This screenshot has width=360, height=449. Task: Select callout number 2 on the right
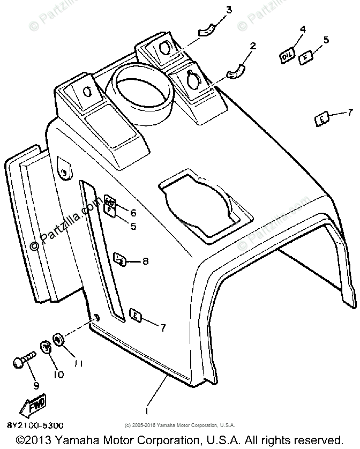(253, 46)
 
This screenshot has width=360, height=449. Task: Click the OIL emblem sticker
(288, 55)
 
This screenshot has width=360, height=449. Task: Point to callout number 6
(133, 213)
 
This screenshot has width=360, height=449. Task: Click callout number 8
(145, 261)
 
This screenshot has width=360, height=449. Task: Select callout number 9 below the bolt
(36, 385)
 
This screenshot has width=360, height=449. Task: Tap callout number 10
(58, 375)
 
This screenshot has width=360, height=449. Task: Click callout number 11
(78, 364)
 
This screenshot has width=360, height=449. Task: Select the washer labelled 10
(46, 347)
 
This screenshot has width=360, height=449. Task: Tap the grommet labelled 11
(58, 340)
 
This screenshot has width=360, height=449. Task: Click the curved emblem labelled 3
(206, 32)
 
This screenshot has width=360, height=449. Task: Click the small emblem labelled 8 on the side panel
(121, 260)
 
